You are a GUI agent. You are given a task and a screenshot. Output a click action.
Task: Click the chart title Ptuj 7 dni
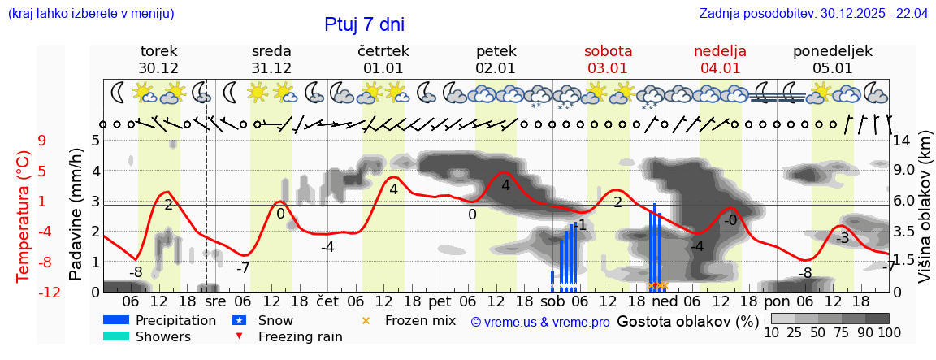(x=364, y=24)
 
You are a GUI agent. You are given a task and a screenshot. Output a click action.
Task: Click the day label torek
(x=158, y=51)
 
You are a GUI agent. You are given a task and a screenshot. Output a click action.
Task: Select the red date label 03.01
(x=608, y=68)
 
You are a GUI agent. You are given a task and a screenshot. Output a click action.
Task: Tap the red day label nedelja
(x=720, y=51)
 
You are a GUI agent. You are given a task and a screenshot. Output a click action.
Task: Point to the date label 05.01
(x=833, y=68)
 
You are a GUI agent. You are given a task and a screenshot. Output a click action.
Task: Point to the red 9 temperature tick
(x=42, y=141)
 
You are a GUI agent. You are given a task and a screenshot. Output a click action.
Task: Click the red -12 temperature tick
(x=50, y=293)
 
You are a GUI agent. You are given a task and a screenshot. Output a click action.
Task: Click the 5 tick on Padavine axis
(x=95, y=141)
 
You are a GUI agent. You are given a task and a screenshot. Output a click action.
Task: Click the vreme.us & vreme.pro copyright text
(x=540, y=322)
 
